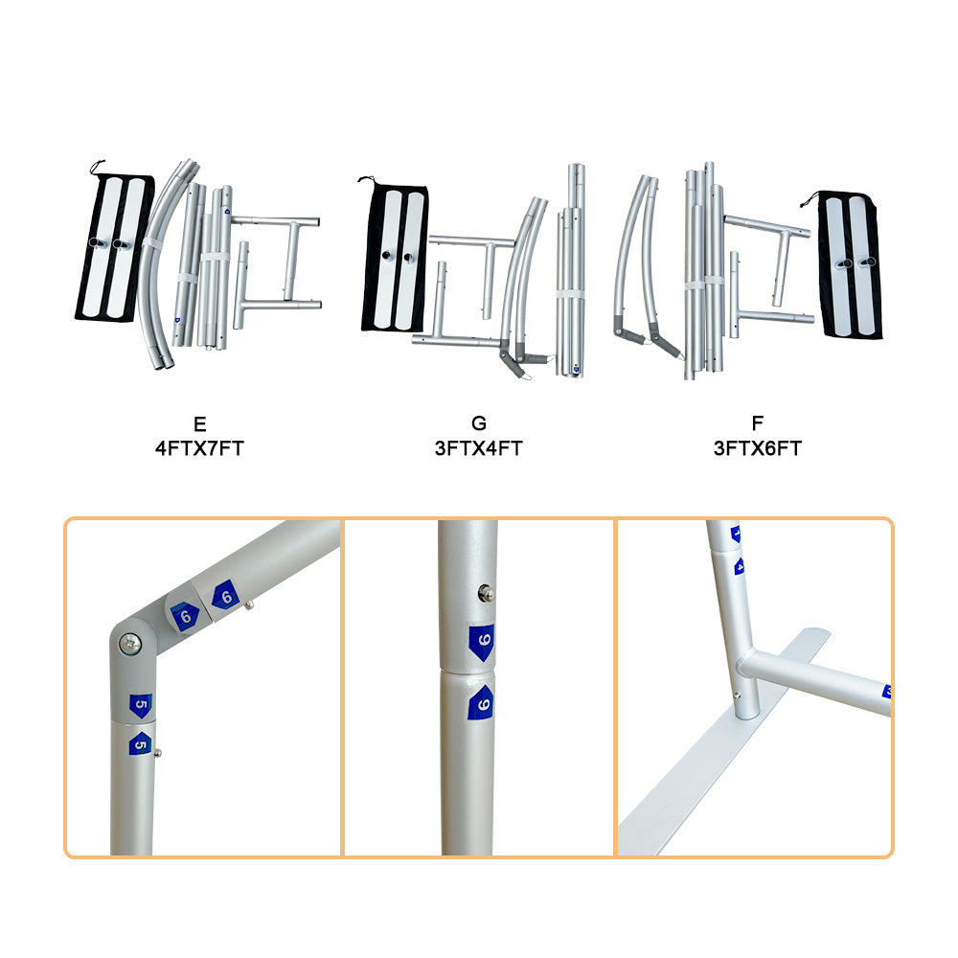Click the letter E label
point(200,423)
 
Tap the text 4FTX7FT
point(200,448)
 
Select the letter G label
point(479,422)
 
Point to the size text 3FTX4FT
point(479,448)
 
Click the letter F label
point(758,422)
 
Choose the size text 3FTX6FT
point(758,448)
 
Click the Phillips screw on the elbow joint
point(130,643)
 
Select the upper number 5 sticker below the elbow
point(141,705)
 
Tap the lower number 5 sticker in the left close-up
point(140,743)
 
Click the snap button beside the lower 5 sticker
point(158,753)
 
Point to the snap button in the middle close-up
point(487,593)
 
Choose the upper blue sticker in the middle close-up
point(482,642)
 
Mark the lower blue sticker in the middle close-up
point(482,702)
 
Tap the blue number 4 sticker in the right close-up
point(740,566)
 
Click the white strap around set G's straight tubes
point(570,294)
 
